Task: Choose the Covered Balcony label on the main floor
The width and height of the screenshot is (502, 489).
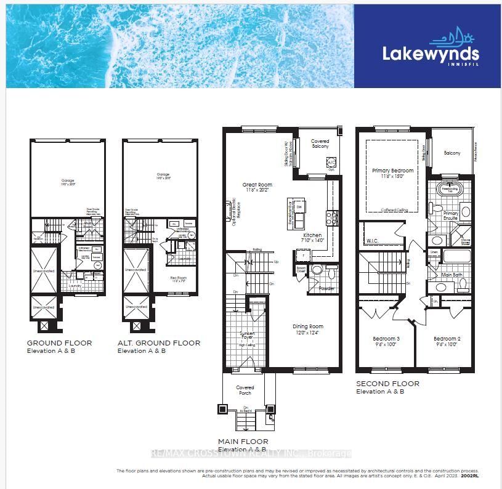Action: coord(320,143)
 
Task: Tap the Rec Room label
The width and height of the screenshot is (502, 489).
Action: coord(178,278)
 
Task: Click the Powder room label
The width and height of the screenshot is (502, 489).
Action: coord(326,288)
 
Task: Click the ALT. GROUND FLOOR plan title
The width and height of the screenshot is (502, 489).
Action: coord(159,343)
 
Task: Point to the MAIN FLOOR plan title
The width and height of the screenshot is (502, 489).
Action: coord(243,442)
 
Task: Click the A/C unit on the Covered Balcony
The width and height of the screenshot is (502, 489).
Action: coord(331,163)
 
